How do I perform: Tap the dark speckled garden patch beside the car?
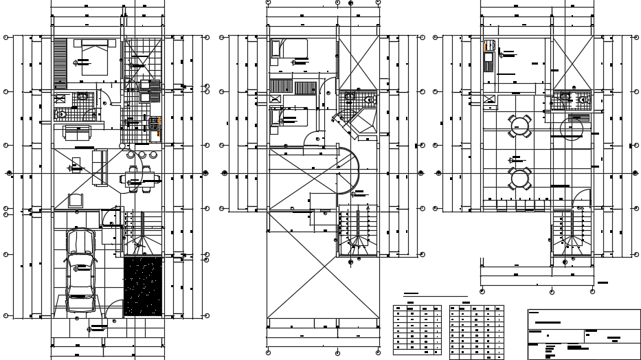click(143, 286)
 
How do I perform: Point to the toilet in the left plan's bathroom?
click(60, 113)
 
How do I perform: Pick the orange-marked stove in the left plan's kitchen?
click(155, 124)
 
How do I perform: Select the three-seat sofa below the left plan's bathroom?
click(78, 132)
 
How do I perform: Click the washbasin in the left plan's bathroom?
click(81, 97)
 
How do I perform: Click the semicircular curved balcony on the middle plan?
click(352, 172)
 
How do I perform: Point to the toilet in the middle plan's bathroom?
click(370, 100)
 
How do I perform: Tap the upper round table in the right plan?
click(520, 126)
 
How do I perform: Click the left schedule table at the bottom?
click(417, 330)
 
